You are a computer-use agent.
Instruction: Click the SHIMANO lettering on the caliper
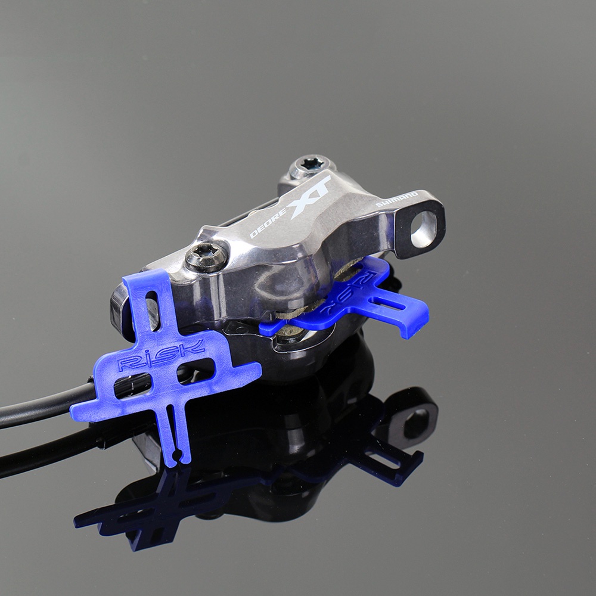(x=397, y=199)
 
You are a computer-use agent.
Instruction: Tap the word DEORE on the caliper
(x=268, y=224)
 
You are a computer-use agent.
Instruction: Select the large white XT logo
(x=309, y=197)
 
